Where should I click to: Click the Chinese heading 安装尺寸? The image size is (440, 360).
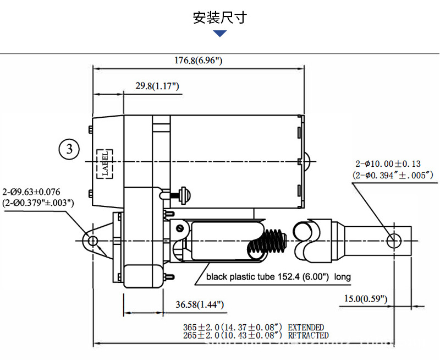click(220, 18)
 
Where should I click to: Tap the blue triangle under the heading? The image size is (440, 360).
click(220, 34)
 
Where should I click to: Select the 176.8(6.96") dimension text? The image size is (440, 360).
click(199, 61)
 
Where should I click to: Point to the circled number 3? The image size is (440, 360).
click(69, 149)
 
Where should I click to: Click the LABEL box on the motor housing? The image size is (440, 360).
click(105, 162)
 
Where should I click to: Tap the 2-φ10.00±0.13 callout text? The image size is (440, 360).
click(387, 163)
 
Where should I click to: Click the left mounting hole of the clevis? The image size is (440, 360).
click(92, 241)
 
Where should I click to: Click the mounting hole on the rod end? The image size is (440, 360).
click(394, 241)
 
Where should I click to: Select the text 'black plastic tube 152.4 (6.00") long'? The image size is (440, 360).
click(278, 277)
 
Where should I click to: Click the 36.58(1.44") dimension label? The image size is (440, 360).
click(200, 304)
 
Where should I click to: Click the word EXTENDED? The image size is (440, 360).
click(306, 328)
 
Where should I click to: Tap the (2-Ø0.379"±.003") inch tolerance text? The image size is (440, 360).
click(38, 202)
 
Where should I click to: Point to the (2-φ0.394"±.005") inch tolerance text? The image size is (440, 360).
click(393, 175)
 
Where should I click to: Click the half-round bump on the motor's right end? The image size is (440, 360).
click(307, 161)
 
